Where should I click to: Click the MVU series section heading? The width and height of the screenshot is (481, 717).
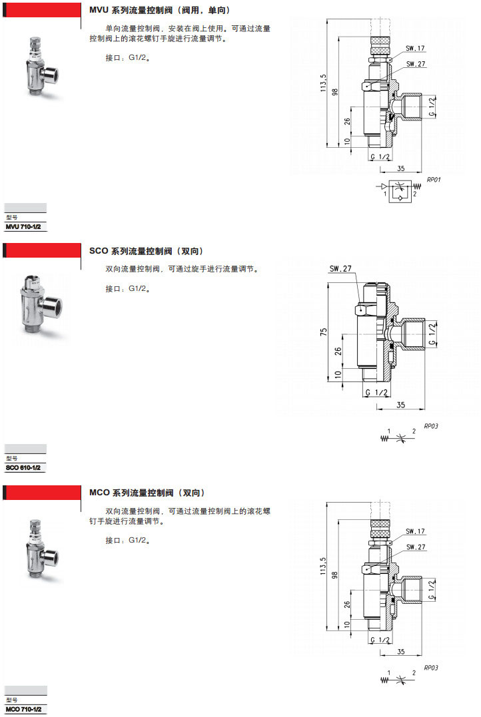click(x=159, y=10)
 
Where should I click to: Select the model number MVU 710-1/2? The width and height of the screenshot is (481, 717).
click(x=23, y=227)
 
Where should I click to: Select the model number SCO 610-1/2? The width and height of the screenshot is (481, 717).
click(x=23, y=468)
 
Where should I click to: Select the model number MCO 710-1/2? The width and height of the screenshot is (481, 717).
click(x=23, y=710)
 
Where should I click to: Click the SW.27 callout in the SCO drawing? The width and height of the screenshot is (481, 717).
click(x=340, y=269)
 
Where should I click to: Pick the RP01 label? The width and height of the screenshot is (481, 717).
click(x=434, y=180)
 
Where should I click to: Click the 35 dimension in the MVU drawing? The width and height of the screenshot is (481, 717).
click(x=401, y=168)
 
